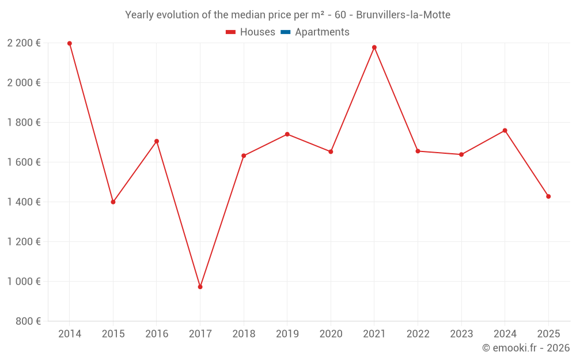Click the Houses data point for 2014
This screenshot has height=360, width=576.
pyautogui.click(x=70, y=43)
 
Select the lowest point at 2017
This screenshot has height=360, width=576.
pyautogui.click(x=200, y=287)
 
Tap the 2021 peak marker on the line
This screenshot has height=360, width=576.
pyautogui.click(x=374, y=47)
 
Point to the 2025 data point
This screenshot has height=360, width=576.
pyautogui.click(x=548, y=196)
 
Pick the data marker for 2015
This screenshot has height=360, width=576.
pyautogui.click(x=113, y=202)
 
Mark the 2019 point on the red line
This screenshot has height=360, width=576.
pyautogui.click(x=287, y=134)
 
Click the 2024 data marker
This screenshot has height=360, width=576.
pyautogui.click(x=505, y=130)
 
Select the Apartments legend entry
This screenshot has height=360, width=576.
pyautogui.click(x=322, y=32)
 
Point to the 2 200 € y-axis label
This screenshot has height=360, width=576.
pyautogui.click(x=24, y=43)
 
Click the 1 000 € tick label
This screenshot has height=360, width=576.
pyautogui.click(x=24, y=281)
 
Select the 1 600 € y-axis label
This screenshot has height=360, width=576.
pyautogui.click(x=24, y=162)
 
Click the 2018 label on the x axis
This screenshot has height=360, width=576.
pyautogui.click(x=244, y=334)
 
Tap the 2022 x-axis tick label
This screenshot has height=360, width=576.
pyautogui.click(x=418, y=334)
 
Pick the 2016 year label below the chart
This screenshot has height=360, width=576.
pyautogui.click(x=157, y=334)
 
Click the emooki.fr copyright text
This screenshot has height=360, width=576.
pyautogui.click(x=526, y=348)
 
